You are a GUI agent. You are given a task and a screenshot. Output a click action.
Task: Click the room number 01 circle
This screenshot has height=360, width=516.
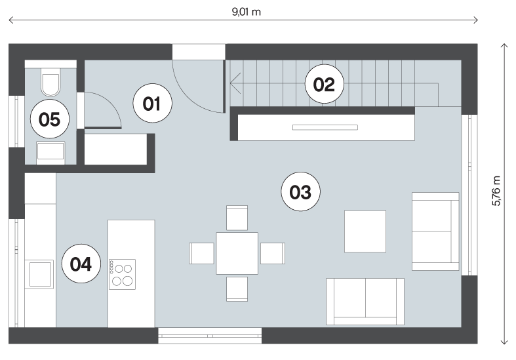tap(152, 104)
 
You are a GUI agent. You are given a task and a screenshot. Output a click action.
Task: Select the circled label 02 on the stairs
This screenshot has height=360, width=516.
tap(324, 84)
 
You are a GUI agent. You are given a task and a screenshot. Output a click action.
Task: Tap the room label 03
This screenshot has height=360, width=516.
tap(300, 191)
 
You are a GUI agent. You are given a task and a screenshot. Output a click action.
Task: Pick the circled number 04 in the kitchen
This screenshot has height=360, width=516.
tap(81, 264)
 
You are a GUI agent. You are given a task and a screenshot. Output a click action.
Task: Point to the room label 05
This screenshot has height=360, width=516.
tap(50, 119)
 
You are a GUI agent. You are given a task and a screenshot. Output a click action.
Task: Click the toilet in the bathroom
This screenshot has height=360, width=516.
tap(50, 82)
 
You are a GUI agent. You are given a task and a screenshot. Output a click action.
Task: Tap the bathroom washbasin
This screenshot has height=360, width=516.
tap(50, 151)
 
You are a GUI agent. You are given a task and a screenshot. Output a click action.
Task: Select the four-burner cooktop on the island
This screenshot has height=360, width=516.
tap(122, 274)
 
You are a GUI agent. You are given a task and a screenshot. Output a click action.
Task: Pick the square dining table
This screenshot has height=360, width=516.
tap(237, 253)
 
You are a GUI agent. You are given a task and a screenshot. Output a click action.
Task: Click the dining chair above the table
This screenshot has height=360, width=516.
tap(237, 218)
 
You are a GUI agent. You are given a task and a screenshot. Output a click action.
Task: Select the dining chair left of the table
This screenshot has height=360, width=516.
tap(201, 253)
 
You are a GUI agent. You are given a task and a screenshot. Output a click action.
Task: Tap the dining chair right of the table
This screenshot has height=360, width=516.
tap(273, 253)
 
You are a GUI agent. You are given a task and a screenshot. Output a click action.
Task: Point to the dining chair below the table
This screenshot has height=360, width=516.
tap(237, 289)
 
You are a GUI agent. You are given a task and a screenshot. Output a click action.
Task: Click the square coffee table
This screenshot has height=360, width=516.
tap(365, 231)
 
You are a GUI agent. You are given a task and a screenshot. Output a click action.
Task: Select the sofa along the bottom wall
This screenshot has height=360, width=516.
tap(365, 302)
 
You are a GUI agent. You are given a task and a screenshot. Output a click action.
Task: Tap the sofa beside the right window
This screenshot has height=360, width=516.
tap(435, 231)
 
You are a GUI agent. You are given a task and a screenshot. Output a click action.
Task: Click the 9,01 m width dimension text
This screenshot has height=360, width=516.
tap(246, 12)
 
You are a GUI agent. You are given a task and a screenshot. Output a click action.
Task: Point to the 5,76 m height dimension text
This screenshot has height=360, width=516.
tap(496, 191)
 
